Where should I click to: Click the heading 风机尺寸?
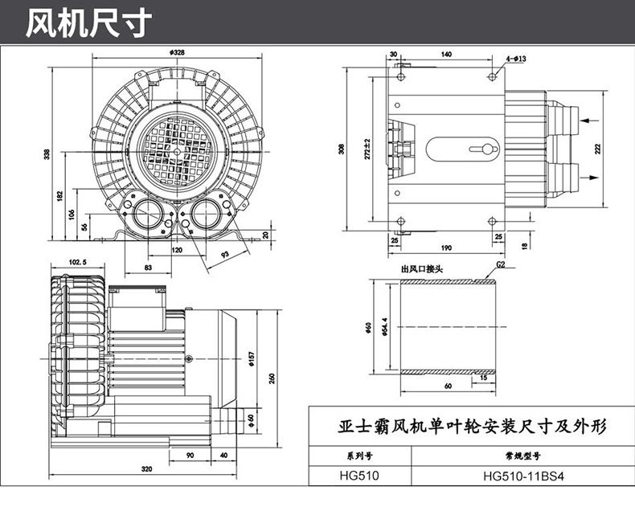88,23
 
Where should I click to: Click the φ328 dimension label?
178,52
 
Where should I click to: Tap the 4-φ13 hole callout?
515,59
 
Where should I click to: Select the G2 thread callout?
500,264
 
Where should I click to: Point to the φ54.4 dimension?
386,329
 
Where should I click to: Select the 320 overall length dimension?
147,468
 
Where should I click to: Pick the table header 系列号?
361,456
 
